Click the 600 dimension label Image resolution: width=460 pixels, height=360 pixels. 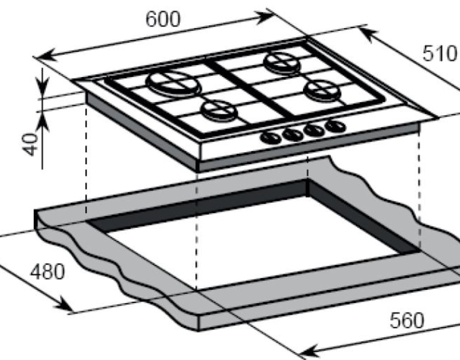(x=163, y=20)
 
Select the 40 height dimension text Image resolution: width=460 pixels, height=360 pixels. (x=30, y=145)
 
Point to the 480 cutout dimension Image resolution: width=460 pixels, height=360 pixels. (x=47, y=272)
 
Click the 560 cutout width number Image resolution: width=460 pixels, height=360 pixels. (x=407, y=320)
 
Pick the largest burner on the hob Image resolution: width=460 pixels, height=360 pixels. (x=174, y=83)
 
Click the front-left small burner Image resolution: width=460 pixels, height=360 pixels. (x=219, y=111)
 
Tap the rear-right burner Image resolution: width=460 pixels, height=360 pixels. (x=282, y=63)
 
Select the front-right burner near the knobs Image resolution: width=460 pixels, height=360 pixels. (x=322, y=90)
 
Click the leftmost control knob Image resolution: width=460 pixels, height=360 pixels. (x=271, y=138)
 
